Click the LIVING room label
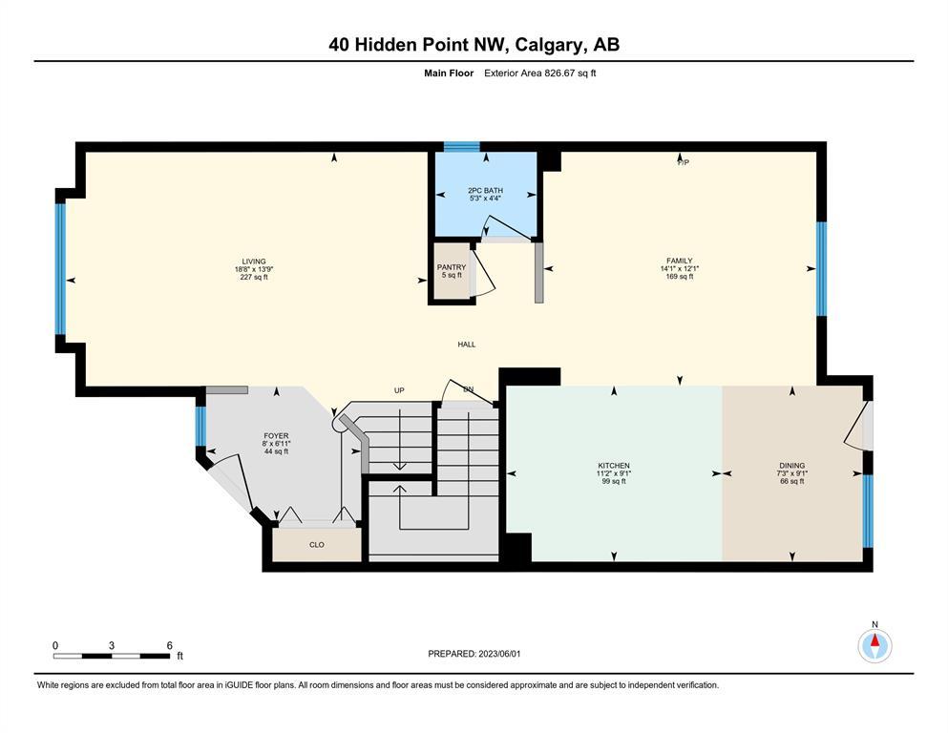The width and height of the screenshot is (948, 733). point(254,262)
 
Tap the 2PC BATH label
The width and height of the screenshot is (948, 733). point(486,190)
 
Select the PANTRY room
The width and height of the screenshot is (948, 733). point(452,271)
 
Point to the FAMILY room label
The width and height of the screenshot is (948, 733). point(680,262)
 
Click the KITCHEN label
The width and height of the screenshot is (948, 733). point(614,466)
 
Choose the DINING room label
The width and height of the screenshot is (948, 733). point(792,466)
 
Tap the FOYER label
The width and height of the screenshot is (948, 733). point(276,435)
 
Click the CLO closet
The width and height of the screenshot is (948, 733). point(317,544)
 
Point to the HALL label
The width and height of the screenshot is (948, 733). point(467,345)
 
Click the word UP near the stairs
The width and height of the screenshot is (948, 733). point(399,390)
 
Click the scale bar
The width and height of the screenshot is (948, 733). point(112,656)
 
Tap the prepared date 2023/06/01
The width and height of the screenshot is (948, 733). point(499,654)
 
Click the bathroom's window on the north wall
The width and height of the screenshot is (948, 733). point(462,146)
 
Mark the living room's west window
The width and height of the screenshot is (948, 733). point(60,269)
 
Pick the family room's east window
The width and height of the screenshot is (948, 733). point(822,269)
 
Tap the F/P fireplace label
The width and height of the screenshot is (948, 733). point(684,162)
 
